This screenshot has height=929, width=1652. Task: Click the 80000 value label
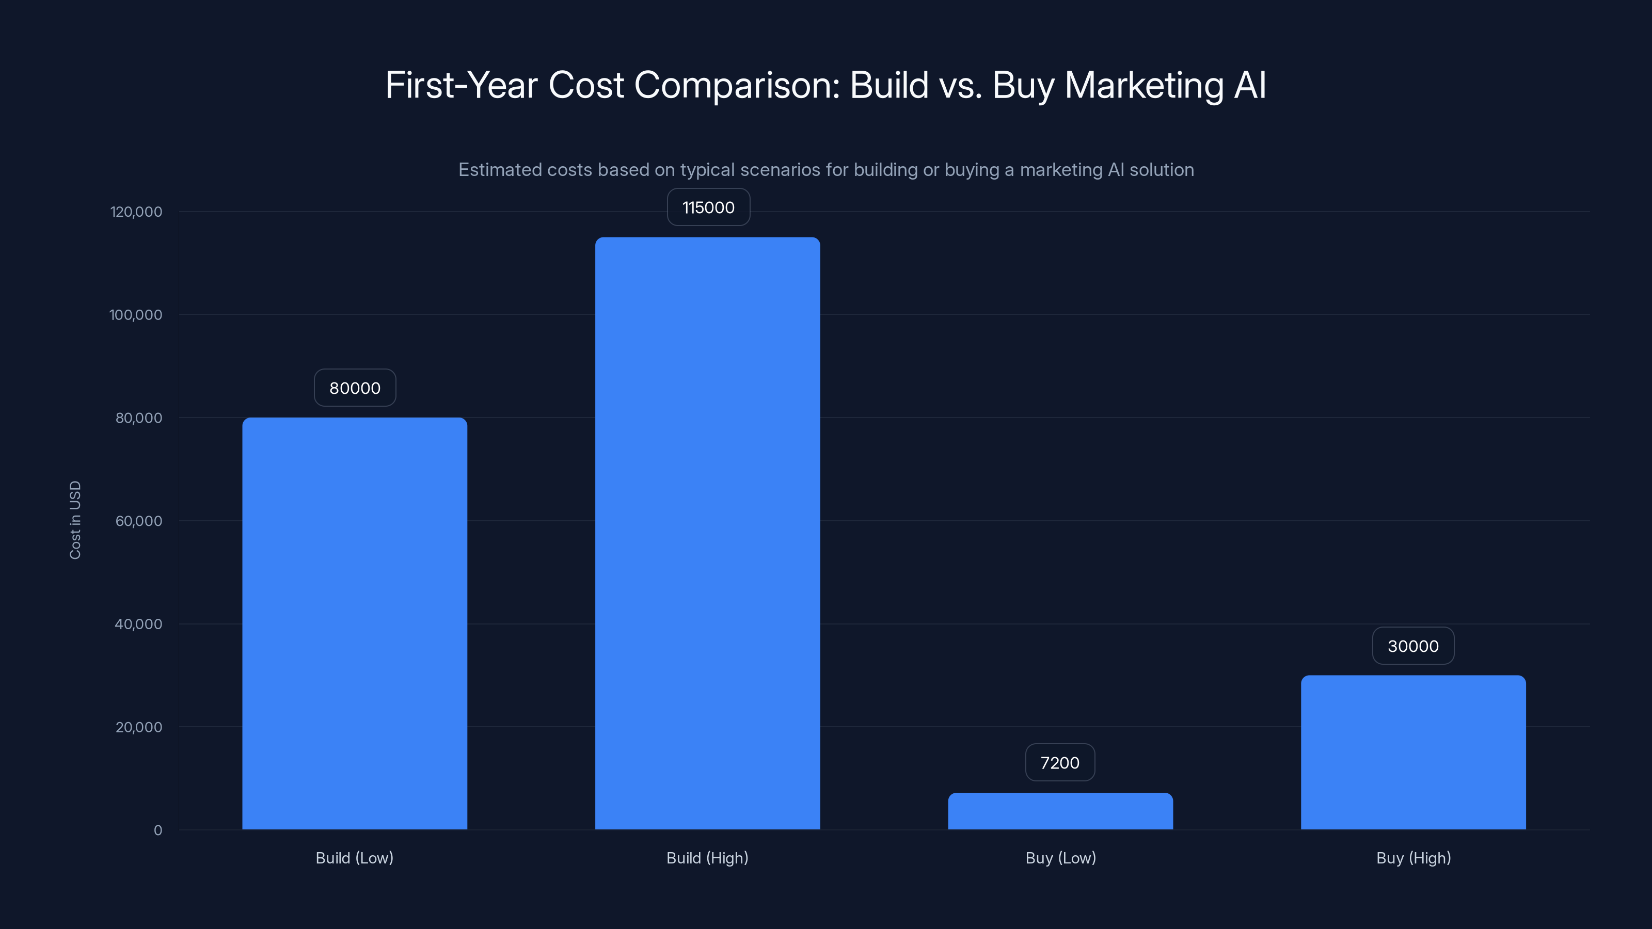pos(355,388)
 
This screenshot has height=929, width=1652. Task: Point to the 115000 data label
pos(708,207)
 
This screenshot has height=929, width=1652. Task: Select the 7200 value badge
pos(1059,762)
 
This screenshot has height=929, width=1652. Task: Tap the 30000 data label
pos(1413,646)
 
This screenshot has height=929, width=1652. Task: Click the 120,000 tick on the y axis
pos(136,212)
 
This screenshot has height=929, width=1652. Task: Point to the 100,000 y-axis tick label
pos(135,315)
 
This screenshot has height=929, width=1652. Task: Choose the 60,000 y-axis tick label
pos(138,521)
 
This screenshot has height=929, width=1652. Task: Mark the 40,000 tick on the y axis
pos(138,624)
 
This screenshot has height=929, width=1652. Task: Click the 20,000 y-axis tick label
pos(138,727)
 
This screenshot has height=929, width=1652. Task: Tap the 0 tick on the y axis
pos(158,830)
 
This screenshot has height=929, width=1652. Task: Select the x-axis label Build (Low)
pos(354,858)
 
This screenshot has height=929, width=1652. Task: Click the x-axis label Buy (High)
pos(1413,858)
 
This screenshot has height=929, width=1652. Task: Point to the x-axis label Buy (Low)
pos(1060,858)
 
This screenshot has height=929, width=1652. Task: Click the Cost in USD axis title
pos(75,520)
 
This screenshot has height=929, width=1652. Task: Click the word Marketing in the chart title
pos(1144,85)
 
